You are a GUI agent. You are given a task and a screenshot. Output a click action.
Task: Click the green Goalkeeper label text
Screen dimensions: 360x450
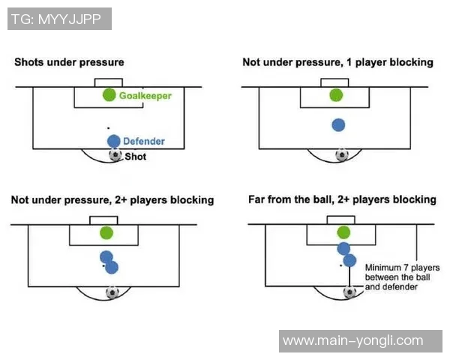click(x=145, y=96)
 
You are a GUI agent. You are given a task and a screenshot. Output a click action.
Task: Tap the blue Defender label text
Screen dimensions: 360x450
click(x=144, y=141)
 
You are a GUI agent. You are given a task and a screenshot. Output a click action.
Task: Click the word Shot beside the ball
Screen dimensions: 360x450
click(x=136, y=157)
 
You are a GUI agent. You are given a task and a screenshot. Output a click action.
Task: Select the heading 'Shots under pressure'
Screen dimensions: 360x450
click(x=69, y=62)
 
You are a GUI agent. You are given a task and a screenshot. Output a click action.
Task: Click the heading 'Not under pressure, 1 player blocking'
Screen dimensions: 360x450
click(x=337, y=62)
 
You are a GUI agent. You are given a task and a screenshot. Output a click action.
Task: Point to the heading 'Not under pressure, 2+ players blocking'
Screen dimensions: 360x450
click(x=112, y=200)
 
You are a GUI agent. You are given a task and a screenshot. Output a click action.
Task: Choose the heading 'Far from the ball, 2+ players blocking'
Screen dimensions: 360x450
click(x=342, y=200)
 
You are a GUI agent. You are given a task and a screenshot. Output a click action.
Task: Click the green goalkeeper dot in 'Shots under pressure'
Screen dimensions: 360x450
click(x=109, y=95)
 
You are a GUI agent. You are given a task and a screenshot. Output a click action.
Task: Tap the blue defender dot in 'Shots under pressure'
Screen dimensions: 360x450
click(x=113, y=141)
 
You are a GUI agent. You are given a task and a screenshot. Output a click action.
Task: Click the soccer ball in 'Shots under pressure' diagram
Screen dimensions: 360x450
click(x=115, y=155)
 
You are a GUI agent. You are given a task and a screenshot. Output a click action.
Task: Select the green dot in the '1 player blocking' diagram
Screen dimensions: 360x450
click(x=336, y=95)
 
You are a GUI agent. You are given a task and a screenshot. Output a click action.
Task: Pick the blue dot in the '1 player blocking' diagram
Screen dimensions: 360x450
click(x=338, y=125)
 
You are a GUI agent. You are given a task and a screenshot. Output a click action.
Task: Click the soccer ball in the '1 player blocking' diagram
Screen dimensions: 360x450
click(x=342, y=155)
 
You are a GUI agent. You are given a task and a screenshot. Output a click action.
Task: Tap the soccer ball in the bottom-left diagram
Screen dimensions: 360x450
click(x=112, y=292)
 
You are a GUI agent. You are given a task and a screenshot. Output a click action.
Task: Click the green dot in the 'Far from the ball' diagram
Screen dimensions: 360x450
click(x=343, y=232)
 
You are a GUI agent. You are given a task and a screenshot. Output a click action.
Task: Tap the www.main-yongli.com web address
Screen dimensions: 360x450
click(x=353, y=340)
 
